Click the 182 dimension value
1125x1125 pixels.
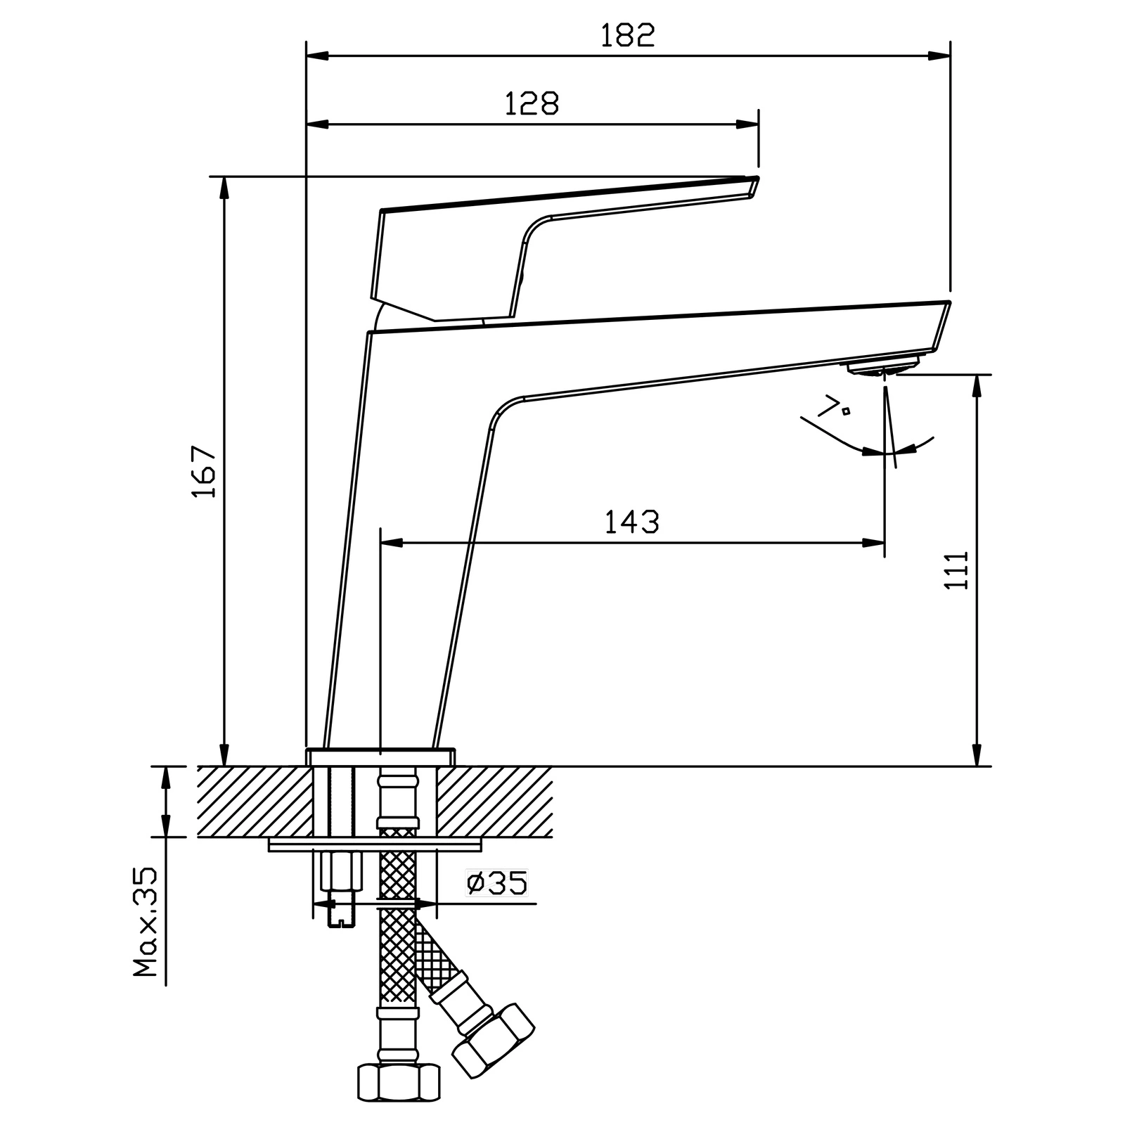[x=627, y=35]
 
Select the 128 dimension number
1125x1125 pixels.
[x=532, y=104]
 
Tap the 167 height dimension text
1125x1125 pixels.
[x=205, y=471]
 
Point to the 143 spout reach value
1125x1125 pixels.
[x=632, y=522]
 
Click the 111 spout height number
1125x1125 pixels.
[x=957, y=570]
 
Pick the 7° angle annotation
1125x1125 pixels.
[x=835, y=406]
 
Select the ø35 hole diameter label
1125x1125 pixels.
[x=497, y=883]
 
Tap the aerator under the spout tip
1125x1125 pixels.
[x=883, y=367]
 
